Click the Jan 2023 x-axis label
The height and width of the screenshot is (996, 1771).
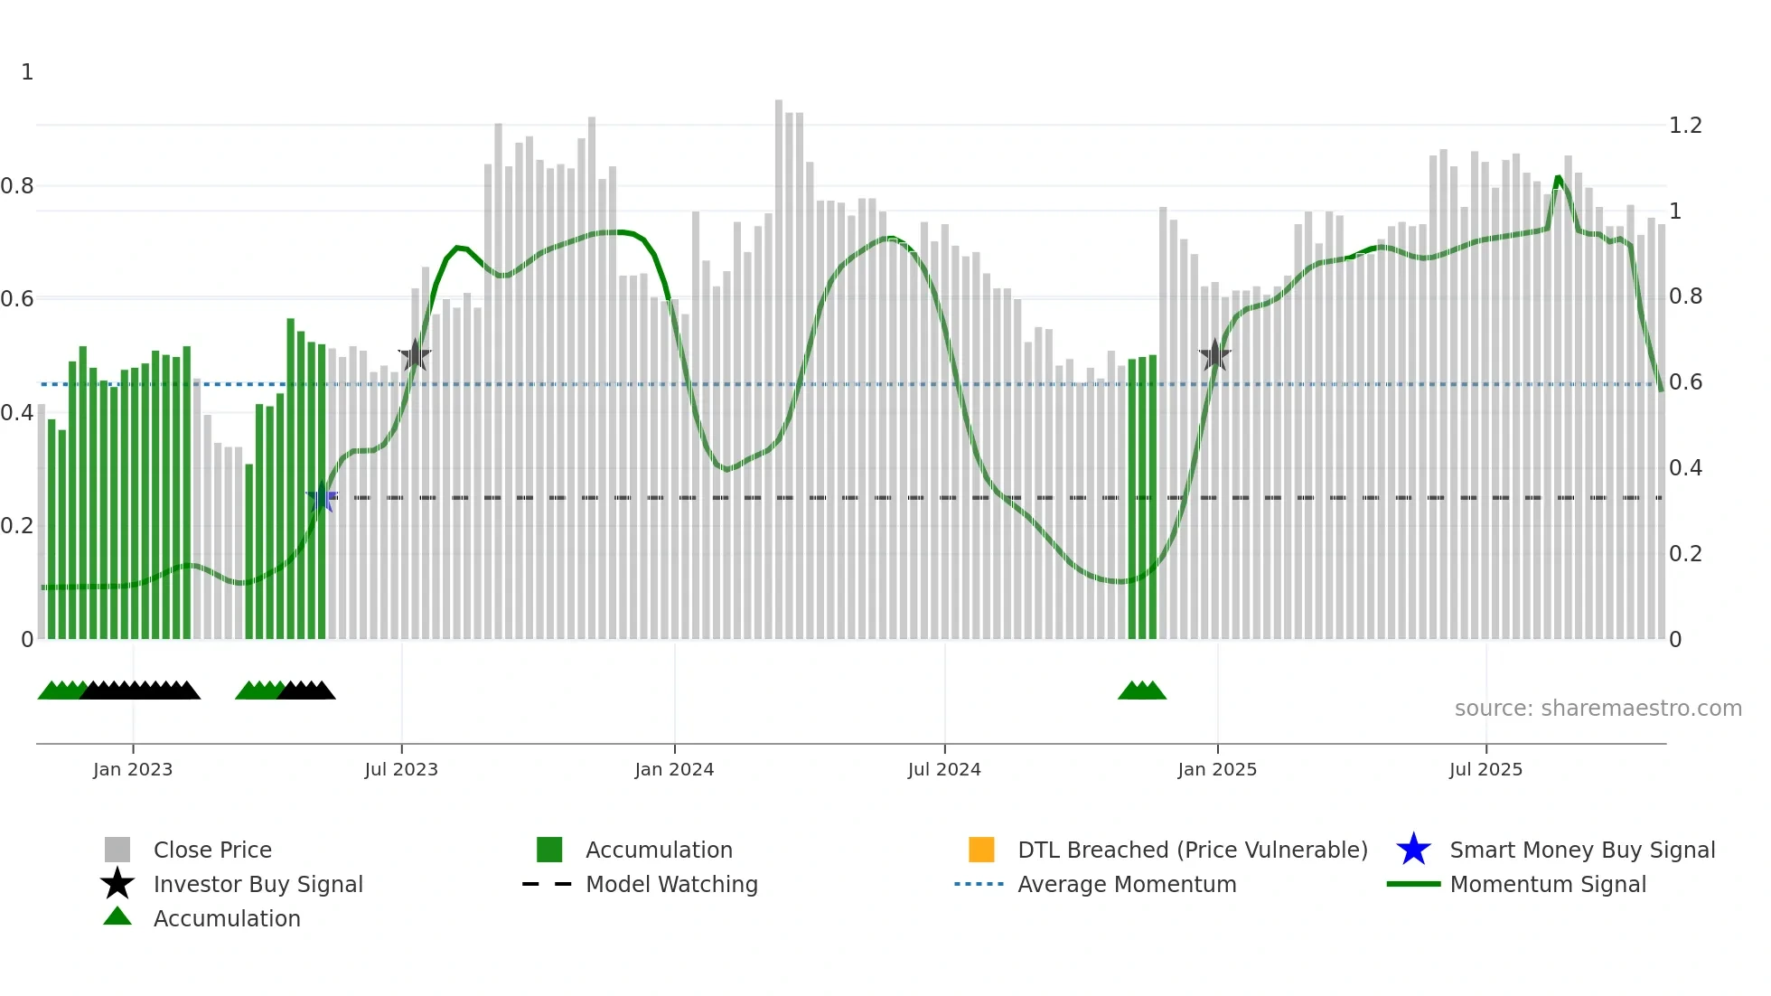(x=132, y=769)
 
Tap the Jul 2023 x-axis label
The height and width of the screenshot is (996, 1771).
(x=401, y=769)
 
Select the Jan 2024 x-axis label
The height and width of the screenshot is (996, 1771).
(x=674, y=769)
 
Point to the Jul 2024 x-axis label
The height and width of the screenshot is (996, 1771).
(x=944, y=769)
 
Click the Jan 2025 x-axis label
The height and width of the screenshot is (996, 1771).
(x=1217, y=769)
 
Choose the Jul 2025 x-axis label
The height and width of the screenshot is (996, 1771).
(x=1485, y=769)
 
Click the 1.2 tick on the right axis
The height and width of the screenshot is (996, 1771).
(x=1685, y=126)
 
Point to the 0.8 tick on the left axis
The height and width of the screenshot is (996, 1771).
(x=17, y=186)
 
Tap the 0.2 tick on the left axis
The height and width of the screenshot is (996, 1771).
(x=17, y=526)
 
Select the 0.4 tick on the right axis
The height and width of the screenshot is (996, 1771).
(x=1685, y=468)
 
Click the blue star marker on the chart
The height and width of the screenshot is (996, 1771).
(x=322, y=497)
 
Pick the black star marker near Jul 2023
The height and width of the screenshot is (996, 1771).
(x=415, y=355)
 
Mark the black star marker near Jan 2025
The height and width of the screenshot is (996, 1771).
(x=1215, y=355)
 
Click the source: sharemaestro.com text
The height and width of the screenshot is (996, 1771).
(x=1598, y=709)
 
